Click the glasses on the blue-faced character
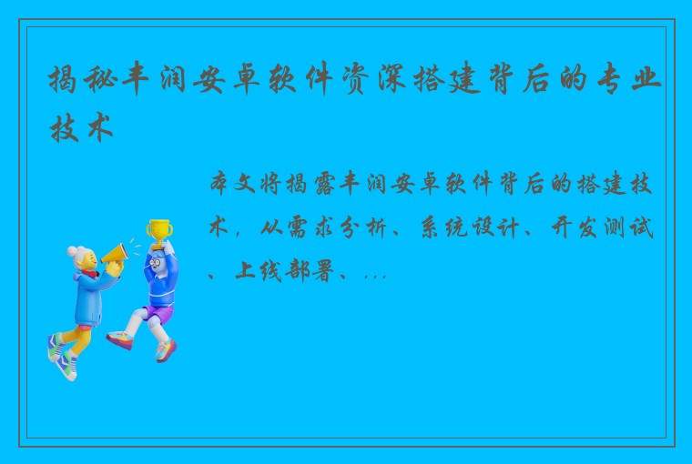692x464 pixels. click(x=157, y=262)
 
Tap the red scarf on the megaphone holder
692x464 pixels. click(x=89, y=274)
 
